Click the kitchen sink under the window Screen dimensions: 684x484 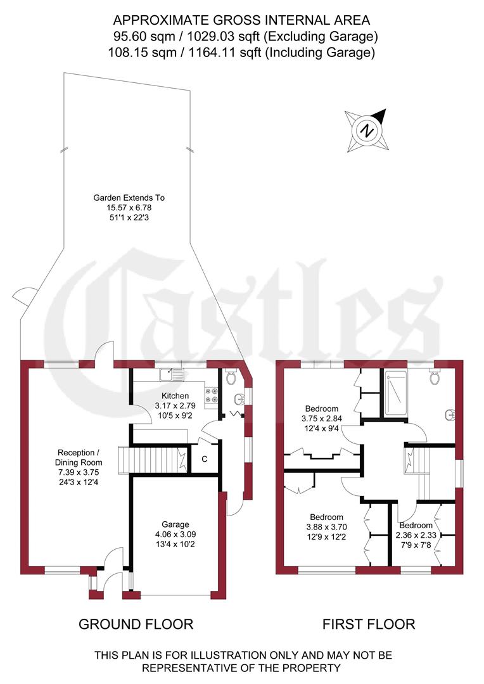point(171,374)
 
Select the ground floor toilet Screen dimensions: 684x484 point(231,378)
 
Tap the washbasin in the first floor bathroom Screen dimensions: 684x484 point(449,415)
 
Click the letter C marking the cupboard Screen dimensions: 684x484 point(205,459)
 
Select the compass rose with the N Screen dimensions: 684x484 point(366,130)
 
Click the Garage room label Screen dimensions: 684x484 point(175,524)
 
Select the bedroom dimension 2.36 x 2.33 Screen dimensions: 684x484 point(416,536)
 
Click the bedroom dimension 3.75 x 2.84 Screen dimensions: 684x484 point(322,419)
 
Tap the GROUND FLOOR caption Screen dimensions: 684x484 point(136,624)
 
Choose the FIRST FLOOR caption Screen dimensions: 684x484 point(369,624)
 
